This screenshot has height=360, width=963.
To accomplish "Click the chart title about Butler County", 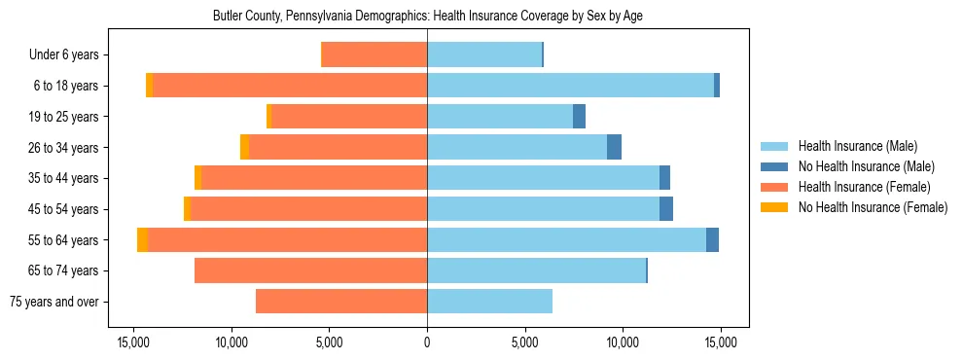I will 427,17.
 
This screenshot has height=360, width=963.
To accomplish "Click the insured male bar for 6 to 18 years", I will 570,86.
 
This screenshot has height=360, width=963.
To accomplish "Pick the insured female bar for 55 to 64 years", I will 287,240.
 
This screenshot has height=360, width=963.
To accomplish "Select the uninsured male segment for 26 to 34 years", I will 614,147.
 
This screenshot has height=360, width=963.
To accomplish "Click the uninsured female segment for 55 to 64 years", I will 143,240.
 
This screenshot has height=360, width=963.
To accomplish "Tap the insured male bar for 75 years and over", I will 489,302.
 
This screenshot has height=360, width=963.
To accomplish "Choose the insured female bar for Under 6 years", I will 374,55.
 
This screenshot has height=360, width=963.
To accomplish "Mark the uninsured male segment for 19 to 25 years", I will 579,117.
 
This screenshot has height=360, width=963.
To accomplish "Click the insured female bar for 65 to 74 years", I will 310,270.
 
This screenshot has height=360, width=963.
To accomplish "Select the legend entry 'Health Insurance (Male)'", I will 857,146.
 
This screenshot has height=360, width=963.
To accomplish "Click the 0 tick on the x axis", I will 427,342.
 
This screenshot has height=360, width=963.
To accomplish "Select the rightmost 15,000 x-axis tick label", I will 720,342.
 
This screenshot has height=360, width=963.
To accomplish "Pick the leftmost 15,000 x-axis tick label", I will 133,342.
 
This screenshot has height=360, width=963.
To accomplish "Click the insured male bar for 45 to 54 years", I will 543,209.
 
